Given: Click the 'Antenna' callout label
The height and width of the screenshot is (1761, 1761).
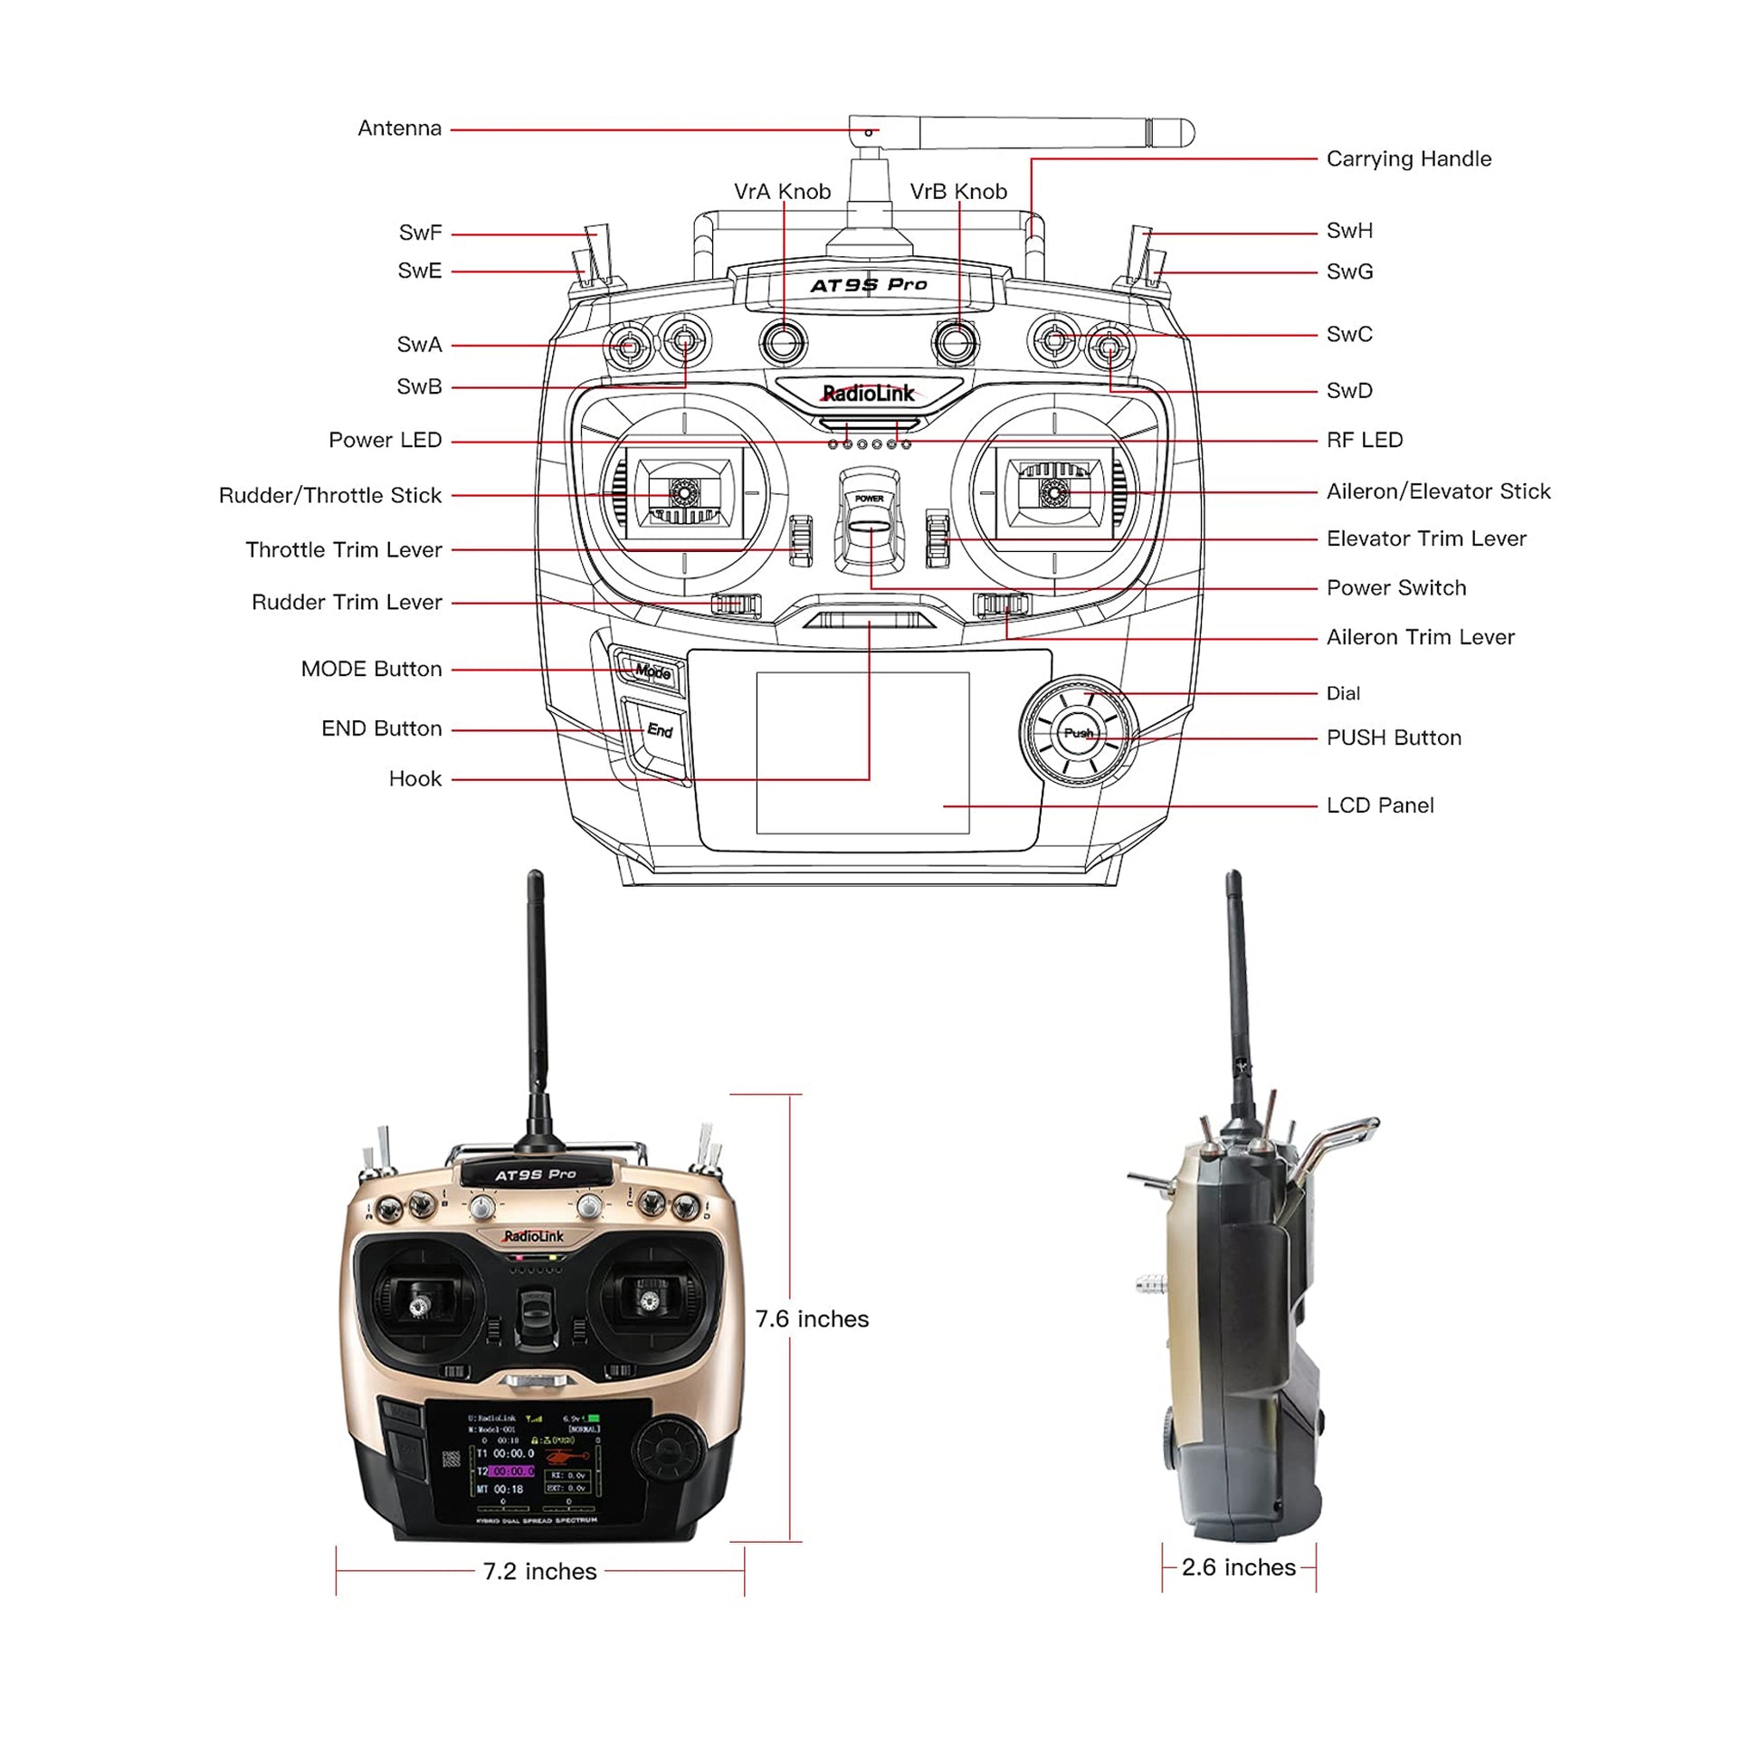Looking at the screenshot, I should tap(399, 129).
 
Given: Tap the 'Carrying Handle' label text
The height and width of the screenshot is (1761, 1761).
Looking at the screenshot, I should tap(1408, 159).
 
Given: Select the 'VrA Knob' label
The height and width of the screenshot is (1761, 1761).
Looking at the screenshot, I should tap(782, 193).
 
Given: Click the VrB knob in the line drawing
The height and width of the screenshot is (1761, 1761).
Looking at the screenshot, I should tap(955, 343).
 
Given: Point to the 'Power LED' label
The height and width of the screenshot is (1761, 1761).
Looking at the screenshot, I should tap(385, 440).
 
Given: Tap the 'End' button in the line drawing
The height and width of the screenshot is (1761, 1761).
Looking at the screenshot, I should tap(659, 731).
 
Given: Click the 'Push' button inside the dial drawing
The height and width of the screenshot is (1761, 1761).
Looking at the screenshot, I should tap(1079, 733).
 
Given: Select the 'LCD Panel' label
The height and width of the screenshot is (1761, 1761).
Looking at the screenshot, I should tap(1379, 805).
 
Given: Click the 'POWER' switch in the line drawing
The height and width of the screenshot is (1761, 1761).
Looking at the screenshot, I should tap(870, 524).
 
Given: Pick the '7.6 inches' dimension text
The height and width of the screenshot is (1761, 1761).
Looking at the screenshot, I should tap(811, 1318).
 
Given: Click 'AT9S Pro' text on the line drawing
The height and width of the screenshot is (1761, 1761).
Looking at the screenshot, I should tap(869, 285).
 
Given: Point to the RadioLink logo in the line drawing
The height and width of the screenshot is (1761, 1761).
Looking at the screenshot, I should tap(868, 393).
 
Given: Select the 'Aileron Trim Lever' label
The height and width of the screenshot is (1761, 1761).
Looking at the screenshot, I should tap(1420, 638).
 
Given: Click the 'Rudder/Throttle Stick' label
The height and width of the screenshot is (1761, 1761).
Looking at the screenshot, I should tap(330, 496).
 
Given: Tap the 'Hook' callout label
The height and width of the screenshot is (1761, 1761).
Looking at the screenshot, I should tap(414, 779).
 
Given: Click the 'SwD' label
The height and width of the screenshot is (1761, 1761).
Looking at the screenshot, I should tap(1349, 391).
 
